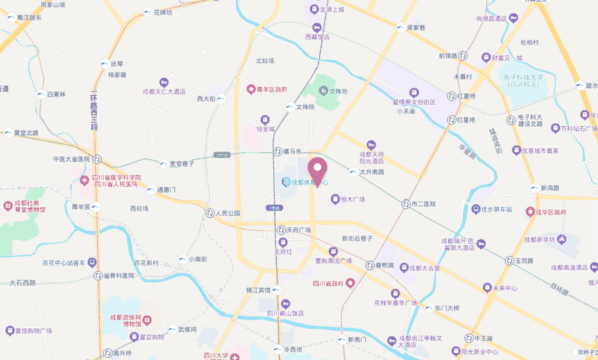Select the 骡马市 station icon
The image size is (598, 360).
click(277, 152)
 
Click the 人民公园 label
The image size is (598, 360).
click(228, 213)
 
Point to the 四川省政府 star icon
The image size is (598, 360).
click(351, 283)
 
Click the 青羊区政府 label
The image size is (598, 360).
click(273, 90)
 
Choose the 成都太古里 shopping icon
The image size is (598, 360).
click(404, 267)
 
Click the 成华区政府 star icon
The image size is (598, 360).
click(529, 212)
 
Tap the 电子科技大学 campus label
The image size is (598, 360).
click(523, 81)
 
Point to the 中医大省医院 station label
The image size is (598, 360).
click(71, 159)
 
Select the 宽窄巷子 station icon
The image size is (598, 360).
click(164, 163)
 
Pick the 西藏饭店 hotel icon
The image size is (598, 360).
click(316, 27)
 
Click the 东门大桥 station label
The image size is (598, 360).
click(447, 308)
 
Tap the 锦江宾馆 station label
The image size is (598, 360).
click(259, 290)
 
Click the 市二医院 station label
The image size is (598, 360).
click(424, 204)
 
